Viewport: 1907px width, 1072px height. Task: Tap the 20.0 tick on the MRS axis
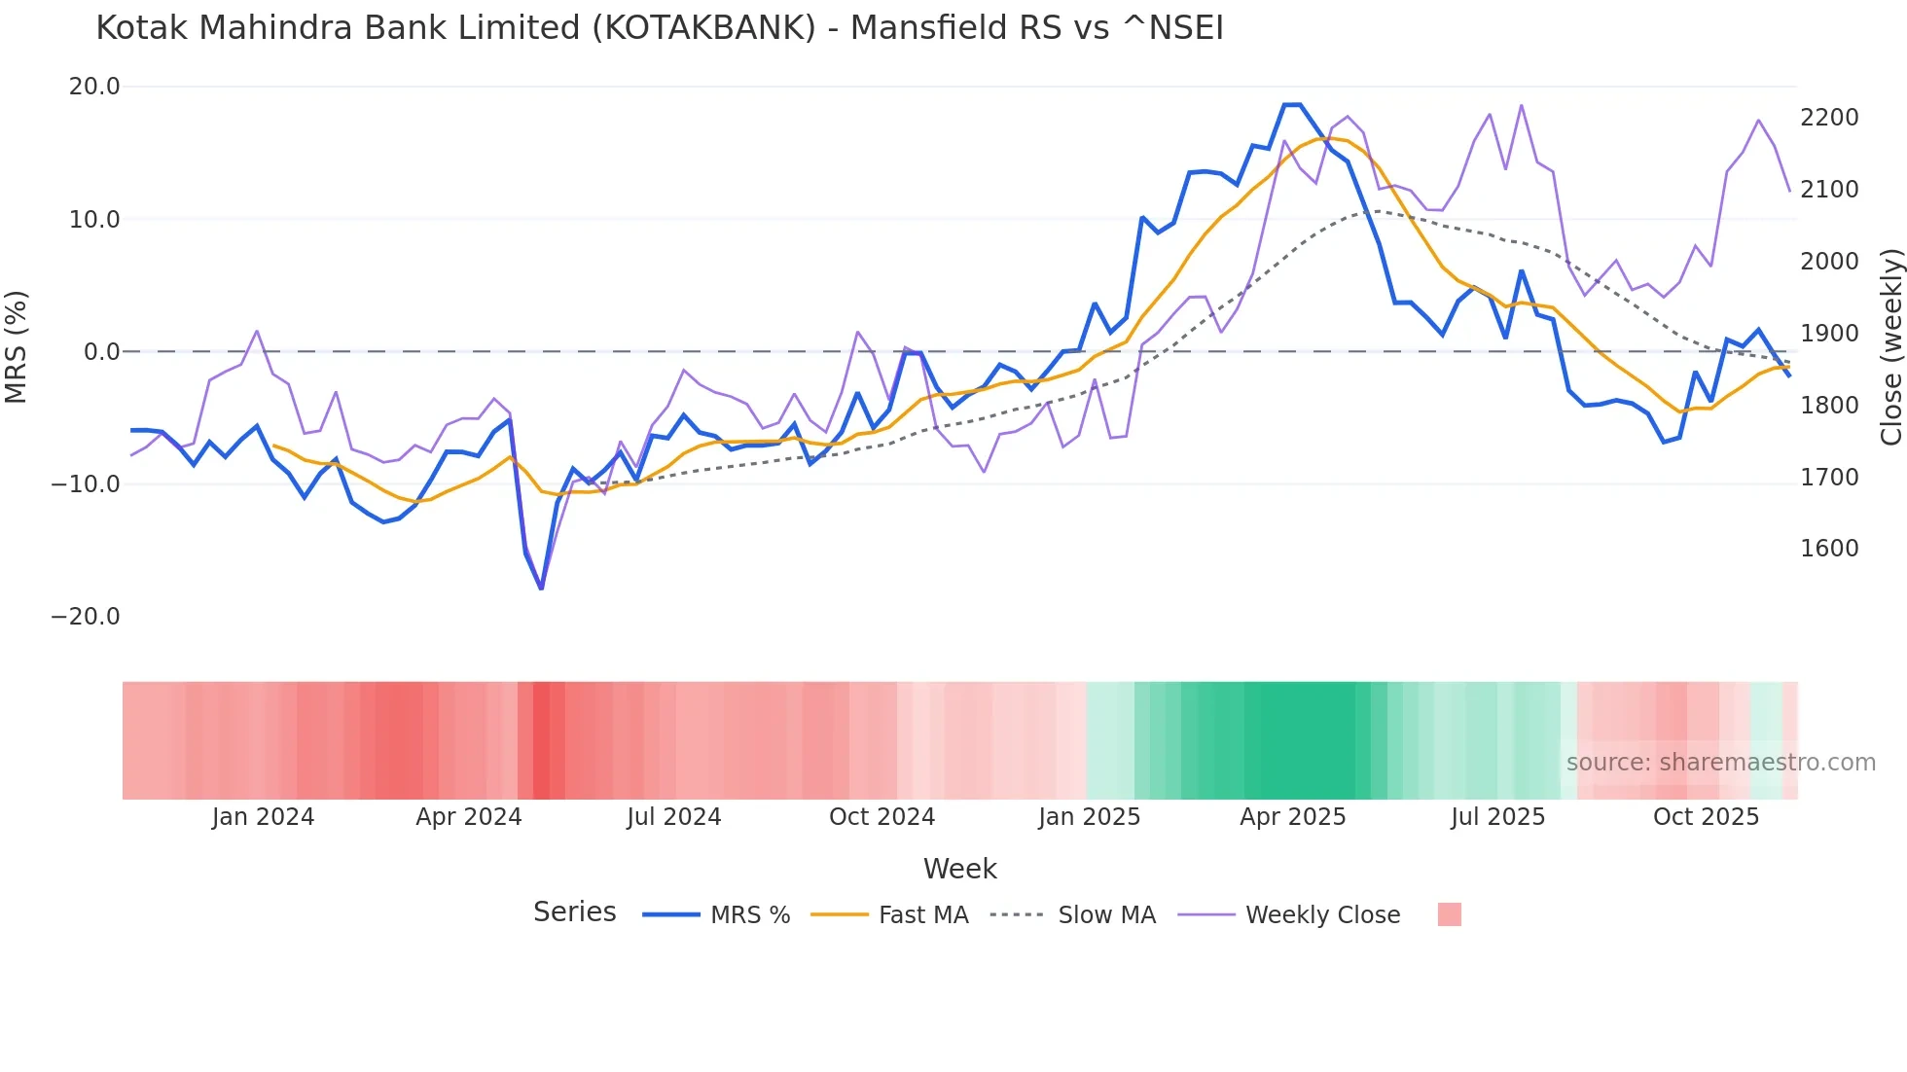coord(94,87)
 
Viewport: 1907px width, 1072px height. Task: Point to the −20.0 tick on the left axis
coord(86,617)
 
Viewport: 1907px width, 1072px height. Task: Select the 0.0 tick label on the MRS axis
coord(102,352)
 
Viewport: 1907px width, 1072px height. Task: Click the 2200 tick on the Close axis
coord(1829,118)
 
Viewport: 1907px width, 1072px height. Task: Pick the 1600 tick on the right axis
coord(1829,549)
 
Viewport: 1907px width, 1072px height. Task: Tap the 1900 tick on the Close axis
coord(1829,334)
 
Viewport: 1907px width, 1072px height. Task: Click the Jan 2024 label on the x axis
coord(263,817)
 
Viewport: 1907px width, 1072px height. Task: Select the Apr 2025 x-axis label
coord(1292,817)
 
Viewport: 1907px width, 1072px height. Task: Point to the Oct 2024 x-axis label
coord(882,817)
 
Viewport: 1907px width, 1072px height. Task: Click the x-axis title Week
coord(959,869)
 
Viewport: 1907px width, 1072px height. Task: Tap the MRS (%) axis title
coord(17,346)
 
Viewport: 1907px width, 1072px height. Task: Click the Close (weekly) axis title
coord(1890,347)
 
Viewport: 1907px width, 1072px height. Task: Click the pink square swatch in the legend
coord(1449,914)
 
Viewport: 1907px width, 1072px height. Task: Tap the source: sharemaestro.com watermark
coord(1720,763)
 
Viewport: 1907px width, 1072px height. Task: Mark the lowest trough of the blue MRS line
coord(541,588)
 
